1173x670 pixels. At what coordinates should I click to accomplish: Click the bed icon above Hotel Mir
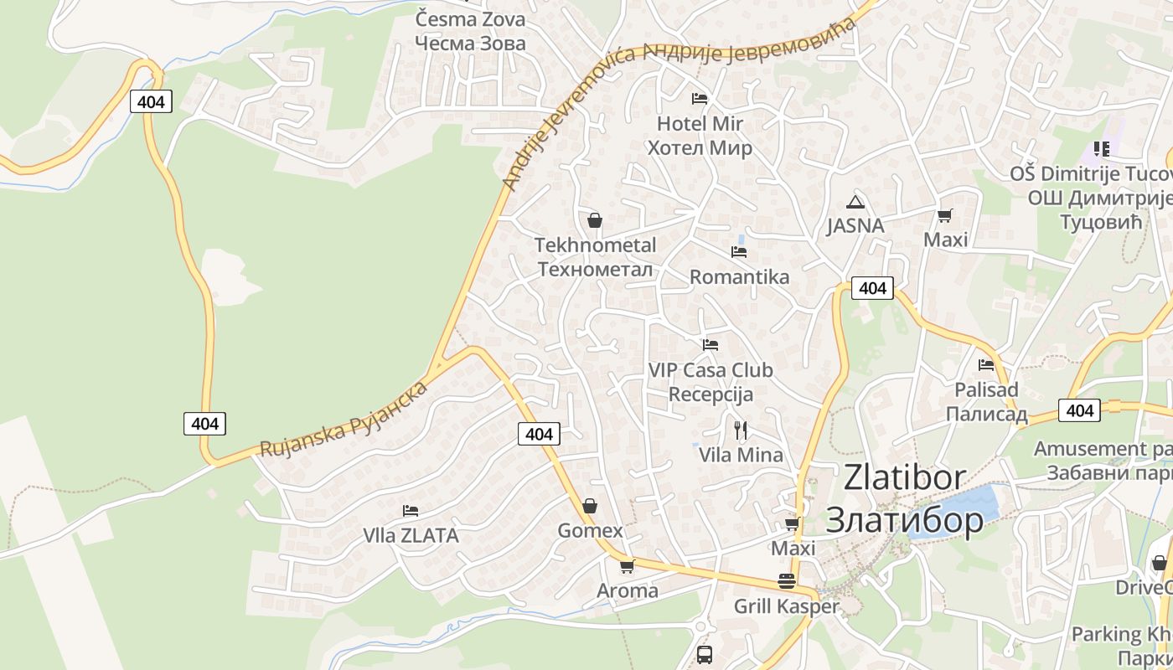click(x=700, y=99)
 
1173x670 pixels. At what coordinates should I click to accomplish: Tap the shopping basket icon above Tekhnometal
click(x=595, y=220)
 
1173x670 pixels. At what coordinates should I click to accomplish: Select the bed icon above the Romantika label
click(x=738, y=251)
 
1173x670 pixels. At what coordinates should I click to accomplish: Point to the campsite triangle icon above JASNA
click(x=855, y=201)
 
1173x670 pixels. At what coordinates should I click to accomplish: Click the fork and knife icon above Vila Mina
click(x=740, y=430)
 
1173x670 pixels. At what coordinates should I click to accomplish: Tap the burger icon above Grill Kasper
click(x=786, y=580)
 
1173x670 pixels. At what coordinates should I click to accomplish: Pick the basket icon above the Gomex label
click(x=590, y=506)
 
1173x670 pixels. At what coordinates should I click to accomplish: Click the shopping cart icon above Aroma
click(x=627, y=566)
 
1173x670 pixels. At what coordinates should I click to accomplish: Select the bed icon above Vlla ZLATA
click(x=410, y=510)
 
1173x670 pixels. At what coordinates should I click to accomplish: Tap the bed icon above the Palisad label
click(x=986, y=365)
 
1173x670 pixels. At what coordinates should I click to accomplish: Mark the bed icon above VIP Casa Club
click(x=711, y=344)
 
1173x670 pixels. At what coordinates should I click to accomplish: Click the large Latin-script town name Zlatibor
click(x=905, y=477)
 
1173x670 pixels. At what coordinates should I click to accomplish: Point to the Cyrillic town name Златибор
click(x=905, y=520)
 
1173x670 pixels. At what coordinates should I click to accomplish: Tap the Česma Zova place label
click(x=471, y=19)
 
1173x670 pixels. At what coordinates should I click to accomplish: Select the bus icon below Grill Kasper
click(x=704, y=654)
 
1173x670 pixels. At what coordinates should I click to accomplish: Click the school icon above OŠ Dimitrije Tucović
click(x=1102, y=149)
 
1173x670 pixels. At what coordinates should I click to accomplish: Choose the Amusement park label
click(x=1102, y=449)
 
